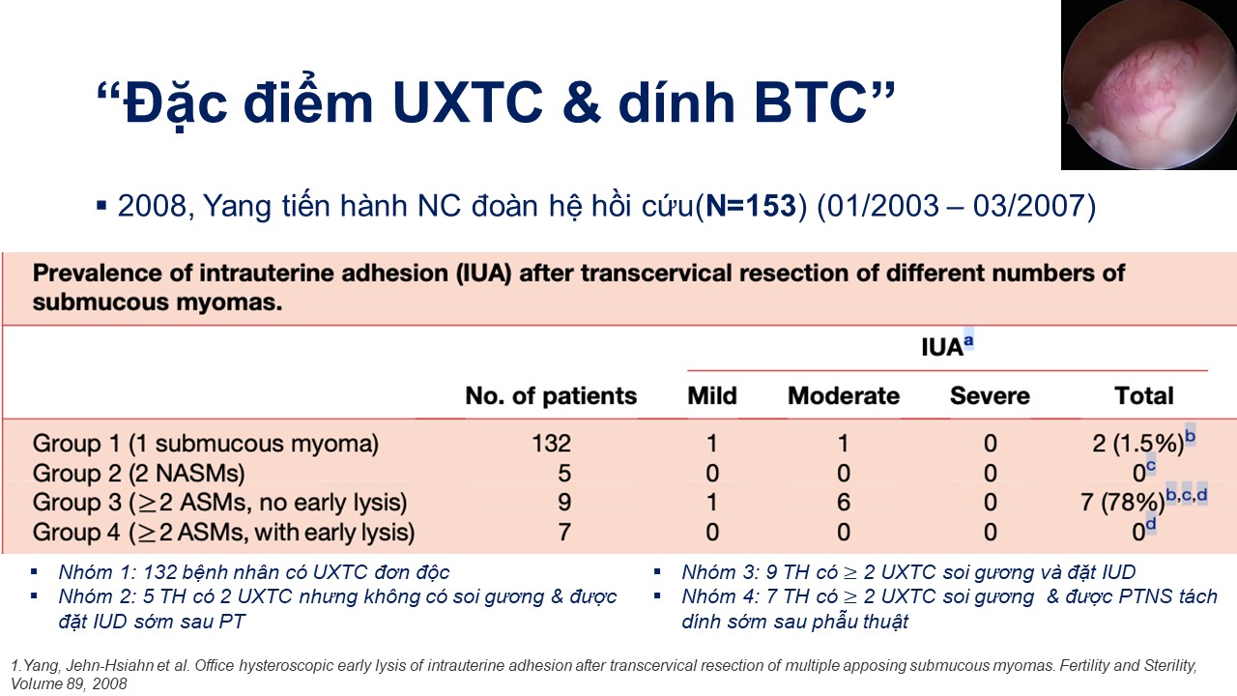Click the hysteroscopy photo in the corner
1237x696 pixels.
(1149, 84)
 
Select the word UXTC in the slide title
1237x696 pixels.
(468, 102)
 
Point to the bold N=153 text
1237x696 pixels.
(751, 206)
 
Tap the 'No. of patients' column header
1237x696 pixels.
(551, 396)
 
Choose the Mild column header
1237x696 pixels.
(712, 396)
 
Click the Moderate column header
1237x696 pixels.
(844, 396)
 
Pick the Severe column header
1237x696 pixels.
(990, 396)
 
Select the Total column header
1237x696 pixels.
(1144, 396)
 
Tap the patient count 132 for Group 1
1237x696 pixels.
(551, 444)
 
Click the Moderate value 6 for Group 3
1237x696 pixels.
(844, 502)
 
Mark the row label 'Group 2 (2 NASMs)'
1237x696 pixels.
(138, 474)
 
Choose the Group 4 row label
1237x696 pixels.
(223, 533)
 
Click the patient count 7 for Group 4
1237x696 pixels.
(563, 533)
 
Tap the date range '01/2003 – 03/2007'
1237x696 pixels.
(956, 206)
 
